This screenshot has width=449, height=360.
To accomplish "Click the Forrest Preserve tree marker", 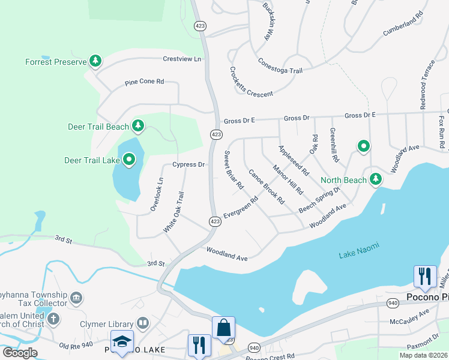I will (x=95, y=61).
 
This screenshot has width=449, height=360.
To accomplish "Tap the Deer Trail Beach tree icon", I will (x=139, y=125).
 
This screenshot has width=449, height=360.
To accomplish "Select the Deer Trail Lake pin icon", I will (x=129, y=160).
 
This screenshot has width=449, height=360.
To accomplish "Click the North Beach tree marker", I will (x=376, y=179).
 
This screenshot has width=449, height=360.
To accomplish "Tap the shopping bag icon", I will (x=223, y=328).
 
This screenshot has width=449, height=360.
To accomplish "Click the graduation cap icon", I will (x=122, y=341).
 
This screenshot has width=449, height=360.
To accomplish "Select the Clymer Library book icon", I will (x=143, y=324).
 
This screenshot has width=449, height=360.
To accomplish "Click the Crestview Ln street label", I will (x=182, y=59).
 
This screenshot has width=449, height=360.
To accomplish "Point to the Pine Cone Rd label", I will (x=144, y=82).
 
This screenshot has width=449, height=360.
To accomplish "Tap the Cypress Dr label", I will (x=188, y=164).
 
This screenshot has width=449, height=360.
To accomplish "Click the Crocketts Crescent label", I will (x=250, y=82).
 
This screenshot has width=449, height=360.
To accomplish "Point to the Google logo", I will (x=20, y=352).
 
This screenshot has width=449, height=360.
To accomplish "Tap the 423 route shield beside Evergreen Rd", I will (x=214, y=221).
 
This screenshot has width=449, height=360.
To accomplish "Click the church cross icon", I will (x=53, y=319).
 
